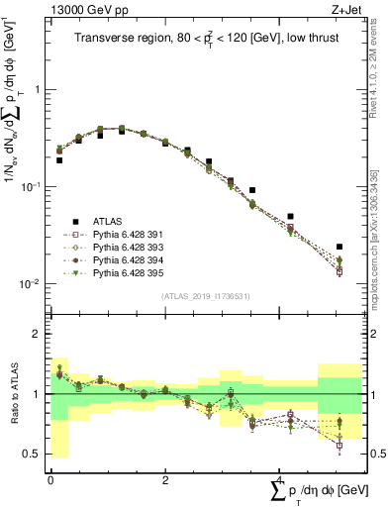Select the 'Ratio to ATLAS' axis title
(x=21, y=393)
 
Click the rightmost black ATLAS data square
(x=340, y=247)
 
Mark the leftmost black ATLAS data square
(x=59, y=159)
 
